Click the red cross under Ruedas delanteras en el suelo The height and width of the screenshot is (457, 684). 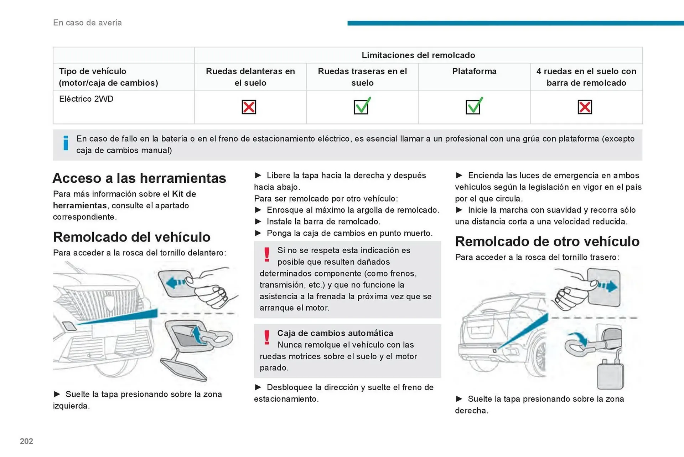tap(249, 107)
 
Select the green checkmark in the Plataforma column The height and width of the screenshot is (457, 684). tap(473, 106)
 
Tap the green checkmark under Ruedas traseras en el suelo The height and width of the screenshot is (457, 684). tap(362, 106)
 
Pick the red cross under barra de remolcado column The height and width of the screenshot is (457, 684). tap(585, 107)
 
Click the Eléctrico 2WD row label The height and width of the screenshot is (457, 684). tap(86, 99)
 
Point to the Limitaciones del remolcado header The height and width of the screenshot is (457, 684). tap(418, 55)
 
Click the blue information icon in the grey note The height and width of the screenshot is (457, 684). tap(66, 143)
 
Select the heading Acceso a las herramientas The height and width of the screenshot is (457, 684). tap(139, 178)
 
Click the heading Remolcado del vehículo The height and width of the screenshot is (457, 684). tap(131, 237)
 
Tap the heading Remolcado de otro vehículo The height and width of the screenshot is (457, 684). tap(547, 242)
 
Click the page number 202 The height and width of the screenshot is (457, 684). tap(26, 441)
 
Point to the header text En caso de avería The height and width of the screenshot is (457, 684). tap(87, 22)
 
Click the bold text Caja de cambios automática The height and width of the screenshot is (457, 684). tap(335, 333)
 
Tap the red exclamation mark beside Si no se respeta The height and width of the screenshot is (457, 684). tap(267, 255)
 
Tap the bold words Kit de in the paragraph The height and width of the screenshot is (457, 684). tap(184, 194)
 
